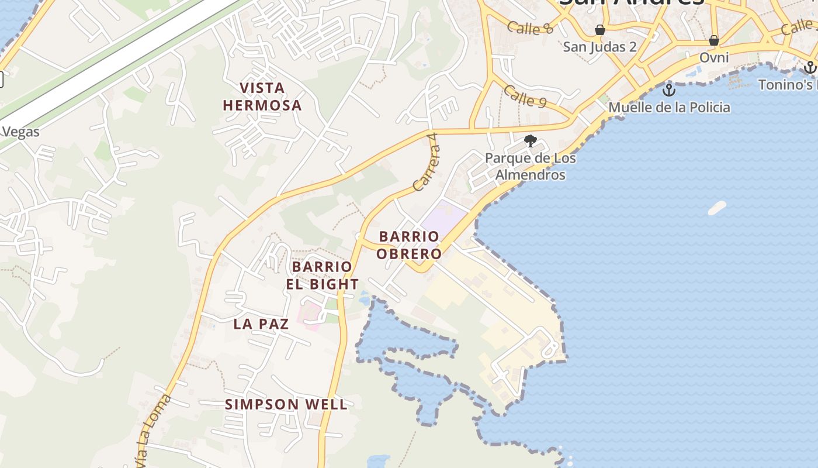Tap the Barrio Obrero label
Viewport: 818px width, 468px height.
(x=409, y=245)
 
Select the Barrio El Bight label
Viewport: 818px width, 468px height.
(x=323, y=276)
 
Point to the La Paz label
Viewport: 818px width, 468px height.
(x=261, y=324)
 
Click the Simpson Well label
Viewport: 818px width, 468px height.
(x=286, y=404)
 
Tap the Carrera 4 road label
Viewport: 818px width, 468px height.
(x=425, y=169)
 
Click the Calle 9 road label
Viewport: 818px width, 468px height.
(x=525, y=97)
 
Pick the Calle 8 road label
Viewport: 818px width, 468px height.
(x=531, y=27)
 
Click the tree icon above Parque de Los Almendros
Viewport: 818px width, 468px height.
(x=531, y=140)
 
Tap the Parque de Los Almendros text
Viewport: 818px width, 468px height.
(x=531, y=167)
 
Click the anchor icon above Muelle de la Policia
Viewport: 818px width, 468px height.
(x=668, y=90)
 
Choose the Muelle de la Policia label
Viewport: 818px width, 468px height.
(x=669, y=108)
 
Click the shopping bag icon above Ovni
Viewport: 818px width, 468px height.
(x=713, y=40)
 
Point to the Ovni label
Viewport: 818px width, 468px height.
(x=714, y=57)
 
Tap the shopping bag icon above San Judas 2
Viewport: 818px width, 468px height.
(x=600, y=30)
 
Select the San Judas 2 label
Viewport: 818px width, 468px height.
(x=599, y=47)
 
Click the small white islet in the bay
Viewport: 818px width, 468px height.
(x=717, y=208)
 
